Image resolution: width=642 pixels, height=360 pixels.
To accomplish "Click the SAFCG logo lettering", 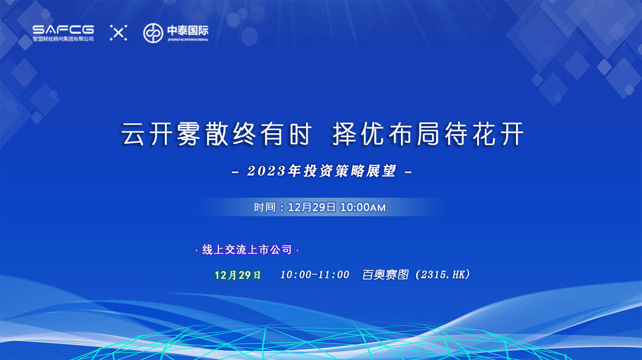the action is point(63,29).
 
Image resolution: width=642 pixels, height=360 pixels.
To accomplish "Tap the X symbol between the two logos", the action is point(118,33).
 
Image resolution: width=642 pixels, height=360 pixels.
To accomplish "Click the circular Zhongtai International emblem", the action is point(153,33).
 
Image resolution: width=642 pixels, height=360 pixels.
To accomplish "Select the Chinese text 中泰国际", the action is point(188,30).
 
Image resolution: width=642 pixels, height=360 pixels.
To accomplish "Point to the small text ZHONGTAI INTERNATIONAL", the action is point(188,39).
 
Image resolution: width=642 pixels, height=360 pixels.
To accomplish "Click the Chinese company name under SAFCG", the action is point(63,39).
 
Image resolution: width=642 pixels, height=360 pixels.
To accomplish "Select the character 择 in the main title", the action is point(343,134).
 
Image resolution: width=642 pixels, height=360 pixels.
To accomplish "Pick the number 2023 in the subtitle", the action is point(266,171).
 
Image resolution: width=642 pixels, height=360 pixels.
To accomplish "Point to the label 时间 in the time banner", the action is point(265,207).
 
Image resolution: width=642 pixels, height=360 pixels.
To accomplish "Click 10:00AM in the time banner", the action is point(363,207).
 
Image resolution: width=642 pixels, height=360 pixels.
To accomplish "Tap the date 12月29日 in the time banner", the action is point(312,207).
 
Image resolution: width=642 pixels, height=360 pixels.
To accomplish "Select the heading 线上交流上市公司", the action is point(247,249).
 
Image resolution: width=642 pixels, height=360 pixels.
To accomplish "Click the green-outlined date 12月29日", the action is point(237,275).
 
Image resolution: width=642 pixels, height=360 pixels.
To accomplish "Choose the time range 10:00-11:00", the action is point(314,275).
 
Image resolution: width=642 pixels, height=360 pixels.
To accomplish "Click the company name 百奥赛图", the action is point(386,275).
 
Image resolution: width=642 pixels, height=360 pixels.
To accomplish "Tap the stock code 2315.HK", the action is point(443,275).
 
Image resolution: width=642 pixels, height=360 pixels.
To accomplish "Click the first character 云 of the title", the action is point(132,134).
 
